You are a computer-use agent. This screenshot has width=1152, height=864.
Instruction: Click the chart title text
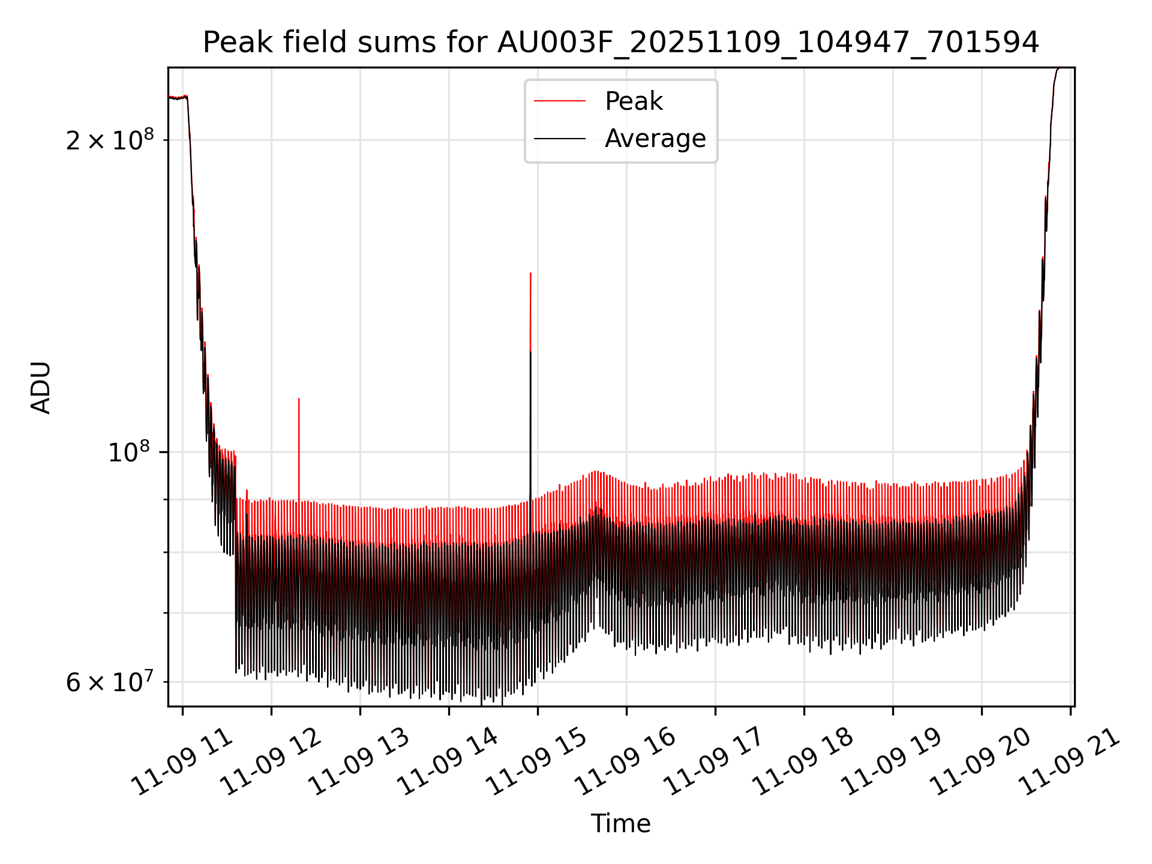pyautogui.click(x=620, y=43)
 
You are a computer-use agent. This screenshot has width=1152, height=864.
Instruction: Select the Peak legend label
pyautogui.click(x=634, y=101)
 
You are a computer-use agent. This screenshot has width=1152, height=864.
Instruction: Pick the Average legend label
pyautogui.click(x=655, y=139)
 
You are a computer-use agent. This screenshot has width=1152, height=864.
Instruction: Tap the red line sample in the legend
pyautogui.click(x=559, y=101)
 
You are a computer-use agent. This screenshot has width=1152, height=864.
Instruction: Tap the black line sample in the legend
pyautogui.click(x=559, y=139)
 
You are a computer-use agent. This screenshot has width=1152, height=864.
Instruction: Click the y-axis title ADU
pyautogui.click(x=41, y=387)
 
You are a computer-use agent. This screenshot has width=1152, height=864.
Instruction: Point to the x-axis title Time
pyautogui.click(x=620, y=824)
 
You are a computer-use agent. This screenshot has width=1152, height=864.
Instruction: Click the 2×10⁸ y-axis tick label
pyautogui.click(x=110, y=141)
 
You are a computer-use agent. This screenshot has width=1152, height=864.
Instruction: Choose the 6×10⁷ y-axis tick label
pyautogui.click(x=110, y=683)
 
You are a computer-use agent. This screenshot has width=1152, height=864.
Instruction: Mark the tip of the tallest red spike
pyautogui.click(x=530, y=274)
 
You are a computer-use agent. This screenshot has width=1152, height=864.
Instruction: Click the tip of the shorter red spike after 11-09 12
pyautogui.click(x=299, y=399)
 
